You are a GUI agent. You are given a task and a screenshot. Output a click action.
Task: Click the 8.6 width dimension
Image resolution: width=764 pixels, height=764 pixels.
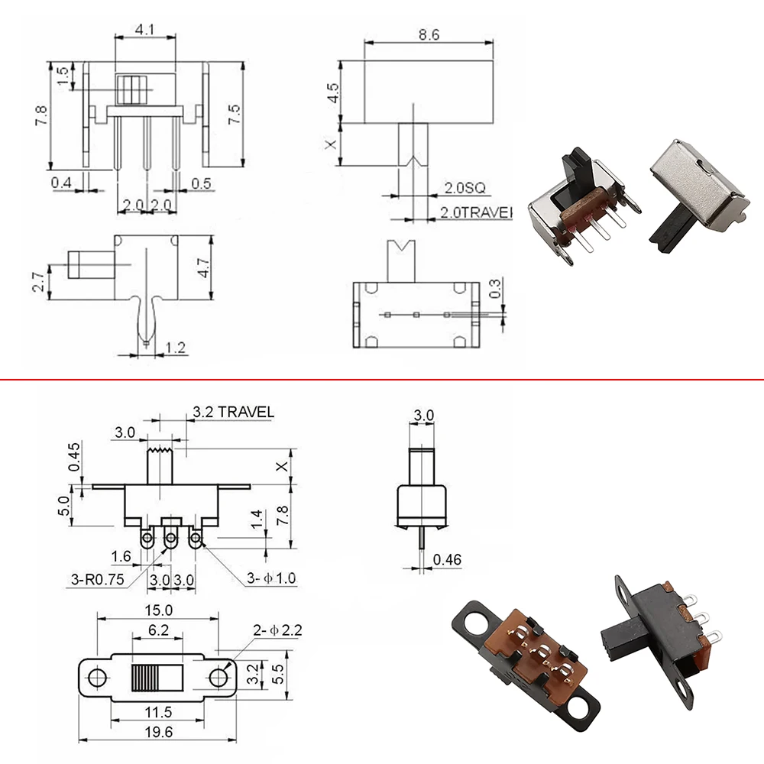pos(429,34)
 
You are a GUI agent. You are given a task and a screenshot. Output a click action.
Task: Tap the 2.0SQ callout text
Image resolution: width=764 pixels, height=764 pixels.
pos(465,188)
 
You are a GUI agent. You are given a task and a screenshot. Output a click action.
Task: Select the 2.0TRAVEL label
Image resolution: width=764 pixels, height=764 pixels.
pos(477,212)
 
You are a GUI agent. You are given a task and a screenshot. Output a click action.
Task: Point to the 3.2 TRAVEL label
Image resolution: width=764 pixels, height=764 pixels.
pos(233,412)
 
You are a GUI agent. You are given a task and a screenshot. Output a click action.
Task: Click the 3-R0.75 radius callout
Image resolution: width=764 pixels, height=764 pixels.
pos(98,579)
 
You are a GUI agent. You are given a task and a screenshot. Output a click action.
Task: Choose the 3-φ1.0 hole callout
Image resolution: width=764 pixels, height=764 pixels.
pos(271,578)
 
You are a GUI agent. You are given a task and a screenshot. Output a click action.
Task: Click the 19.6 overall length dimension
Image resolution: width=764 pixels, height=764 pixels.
pos(159,732)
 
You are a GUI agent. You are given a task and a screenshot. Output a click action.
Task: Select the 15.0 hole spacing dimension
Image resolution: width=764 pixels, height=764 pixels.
pos(158,610)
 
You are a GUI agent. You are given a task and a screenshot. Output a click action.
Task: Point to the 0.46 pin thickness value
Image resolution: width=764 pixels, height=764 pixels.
pos(447,559)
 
